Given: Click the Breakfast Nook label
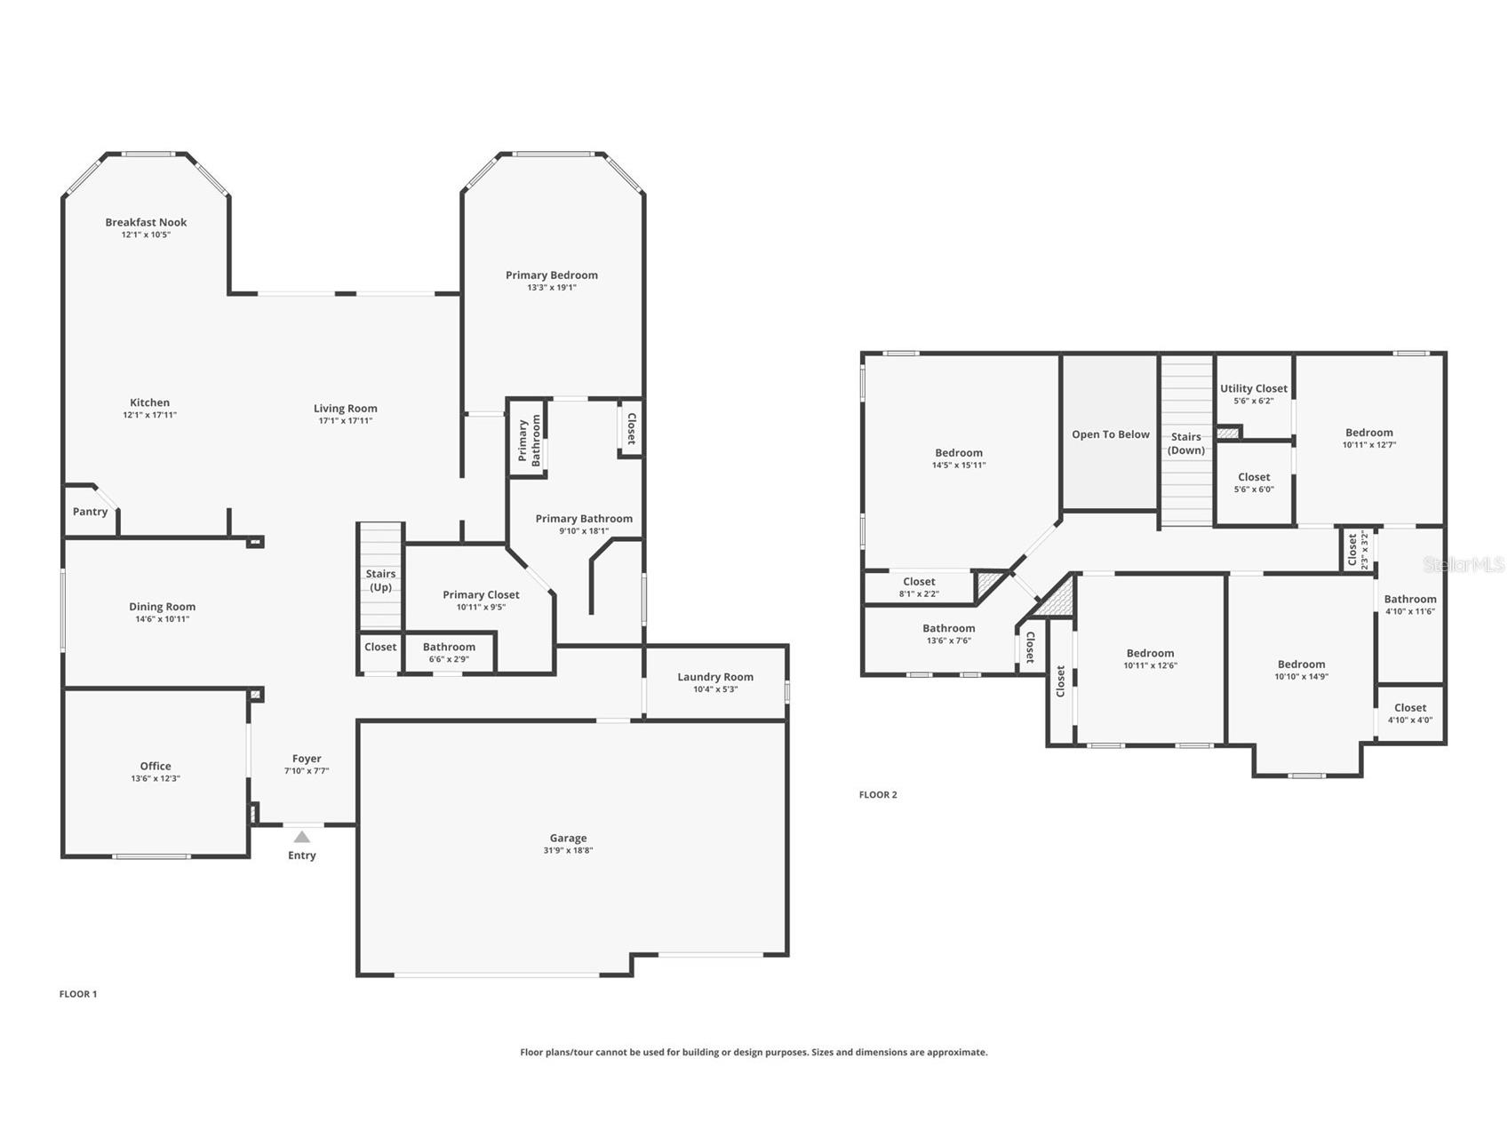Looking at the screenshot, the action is click(x=146, y=222).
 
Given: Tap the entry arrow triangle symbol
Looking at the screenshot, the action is click(x=302, y=837).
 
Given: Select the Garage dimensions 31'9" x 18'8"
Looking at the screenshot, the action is click(x=568, y=850).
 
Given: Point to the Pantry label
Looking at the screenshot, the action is click(x=90, y=512).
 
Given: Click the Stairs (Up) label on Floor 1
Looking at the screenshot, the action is click(x=380, y=580).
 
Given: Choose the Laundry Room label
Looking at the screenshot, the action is click(x=715, y=677).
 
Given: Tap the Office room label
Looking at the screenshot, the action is click(x=156, y=766).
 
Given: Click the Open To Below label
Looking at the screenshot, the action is click(x=1111, y=434).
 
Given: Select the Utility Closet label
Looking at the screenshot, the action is click(x=1254, y=388).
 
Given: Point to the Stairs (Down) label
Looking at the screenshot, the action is click(x=1186, y=443).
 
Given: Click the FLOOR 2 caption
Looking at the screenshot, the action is click(x=878, y=794).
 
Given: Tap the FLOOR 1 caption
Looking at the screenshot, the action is click(x=78, y=994).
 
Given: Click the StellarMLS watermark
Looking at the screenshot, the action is click(x=1464, y=564).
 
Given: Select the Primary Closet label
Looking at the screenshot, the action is click(x=481, y=595).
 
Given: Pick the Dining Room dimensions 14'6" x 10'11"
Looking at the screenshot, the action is click(x=163, y=619).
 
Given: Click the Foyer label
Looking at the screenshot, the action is click(x=307, y=759).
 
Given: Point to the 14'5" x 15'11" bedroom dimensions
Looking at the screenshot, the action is click(x=959, y=465).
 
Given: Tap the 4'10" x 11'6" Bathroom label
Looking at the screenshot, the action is click(x=1410, y=599).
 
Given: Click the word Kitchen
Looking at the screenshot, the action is click(x=149, y=402).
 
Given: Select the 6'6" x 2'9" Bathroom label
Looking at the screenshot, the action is click(x=449, y=647).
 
